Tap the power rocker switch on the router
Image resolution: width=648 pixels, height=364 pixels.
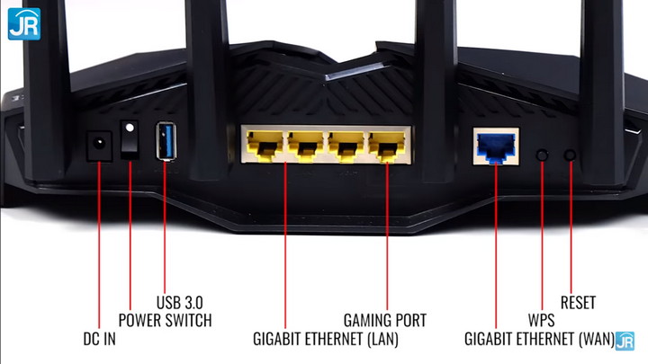[132, 142]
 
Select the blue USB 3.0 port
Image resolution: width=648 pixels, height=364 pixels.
[165, 141]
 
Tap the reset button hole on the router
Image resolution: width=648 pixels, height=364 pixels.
[570, 155]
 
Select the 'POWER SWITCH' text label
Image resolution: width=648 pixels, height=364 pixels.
[165, 320]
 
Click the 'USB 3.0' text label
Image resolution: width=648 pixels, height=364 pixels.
[184, 301]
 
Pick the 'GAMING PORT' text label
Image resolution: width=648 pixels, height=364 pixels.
[385, 320]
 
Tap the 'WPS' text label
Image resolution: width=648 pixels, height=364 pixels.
[541, 320]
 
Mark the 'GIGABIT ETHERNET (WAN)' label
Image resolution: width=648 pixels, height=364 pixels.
[538, 341]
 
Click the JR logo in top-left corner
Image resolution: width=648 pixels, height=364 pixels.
[22, 23]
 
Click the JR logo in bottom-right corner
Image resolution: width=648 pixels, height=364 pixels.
[625, 342]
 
